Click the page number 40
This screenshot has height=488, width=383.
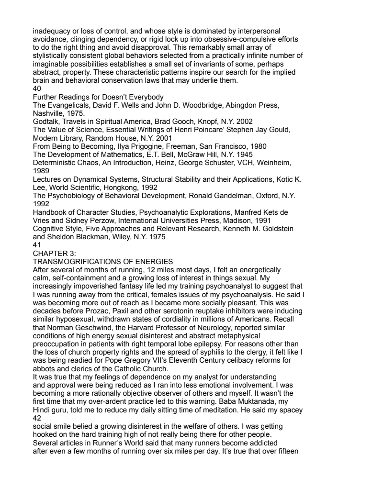coord(37,89)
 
